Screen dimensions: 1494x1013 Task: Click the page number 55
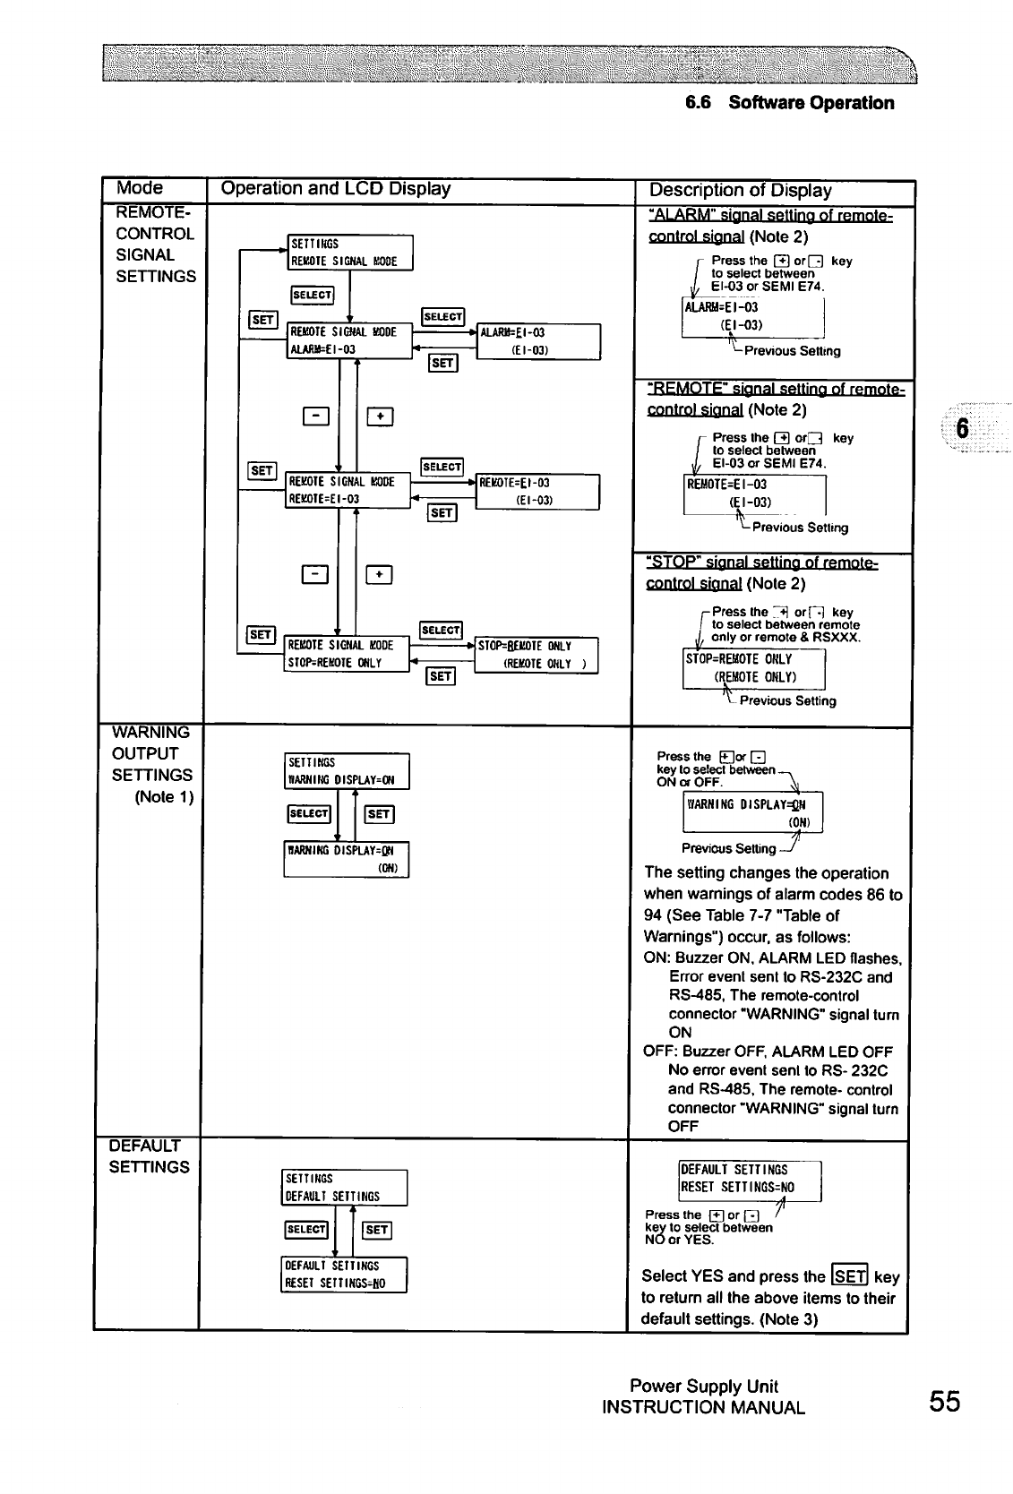(944, 1401)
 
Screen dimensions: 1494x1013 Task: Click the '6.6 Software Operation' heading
(789, 103)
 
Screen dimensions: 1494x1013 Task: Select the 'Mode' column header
(141, 188)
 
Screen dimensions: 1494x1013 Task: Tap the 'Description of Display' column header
(740, 191)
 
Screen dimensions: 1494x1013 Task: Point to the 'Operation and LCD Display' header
(335, 189)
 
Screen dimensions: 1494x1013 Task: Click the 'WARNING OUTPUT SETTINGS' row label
(151, 754)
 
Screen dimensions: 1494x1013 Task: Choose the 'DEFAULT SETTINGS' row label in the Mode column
(149, 1156)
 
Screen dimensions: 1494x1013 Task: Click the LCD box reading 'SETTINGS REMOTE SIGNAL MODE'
(349, 252)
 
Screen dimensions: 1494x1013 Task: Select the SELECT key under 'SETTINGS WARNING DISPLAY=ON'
(308, 813)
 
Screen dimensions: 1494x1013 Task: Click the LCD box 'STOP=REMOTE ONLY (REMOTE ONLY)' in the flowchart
(536, 655)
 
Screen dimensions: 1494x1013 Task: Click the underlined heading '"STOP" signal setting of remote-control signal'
(761, 573)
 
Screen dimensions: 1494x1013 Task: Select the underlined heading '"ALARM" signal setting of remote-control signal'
(769, 226)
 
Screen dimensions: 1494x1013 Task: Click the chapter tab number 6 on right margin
(963, 429)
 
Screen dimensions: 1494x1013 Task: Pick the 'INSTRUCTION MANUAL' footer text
(703, 1408)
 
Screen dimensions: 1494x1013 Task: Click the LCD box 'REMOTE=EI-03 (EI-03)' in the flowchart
(537, 491)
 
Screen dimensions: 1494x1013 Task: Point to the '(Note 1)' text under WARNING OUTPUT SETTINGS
(164, 797)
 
